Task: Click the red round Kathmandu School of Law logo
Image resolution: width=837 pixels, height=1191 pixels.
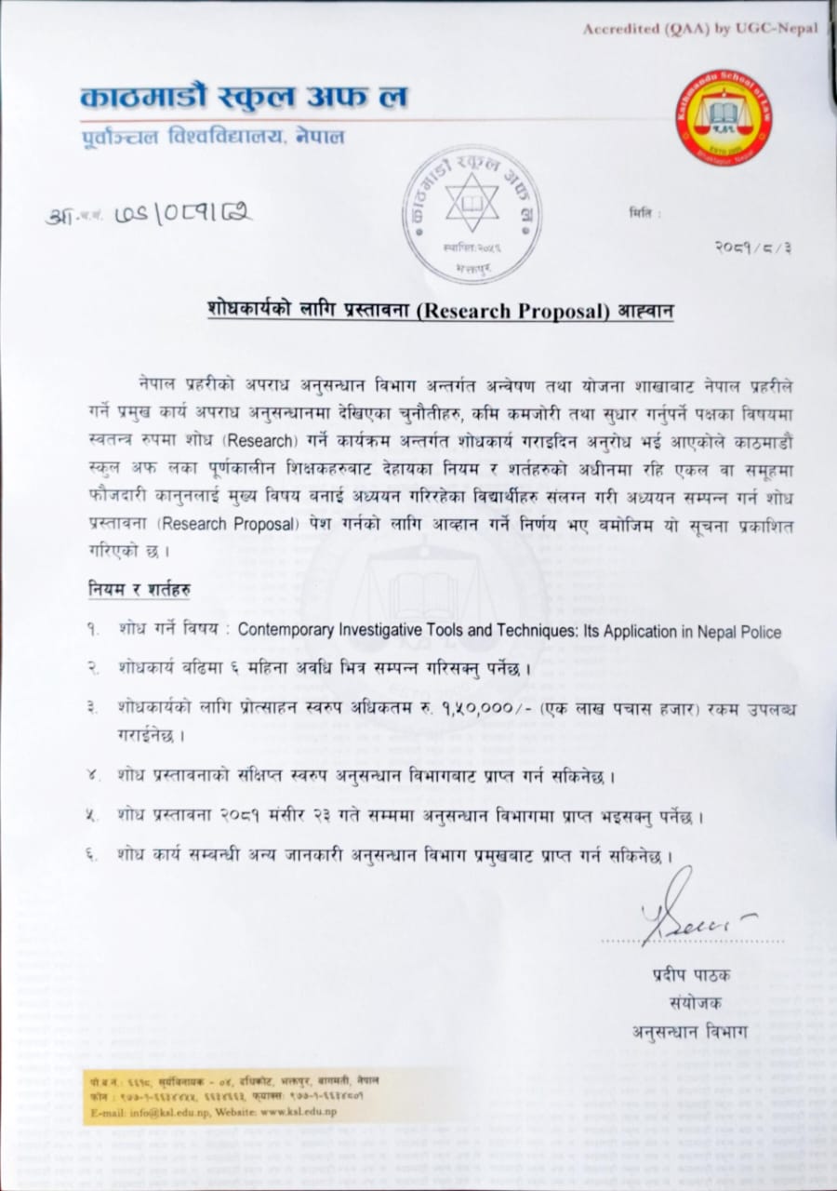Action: [723, 118]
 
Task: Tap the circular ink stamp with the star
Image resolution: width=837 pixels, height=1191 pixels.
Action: [472, 213]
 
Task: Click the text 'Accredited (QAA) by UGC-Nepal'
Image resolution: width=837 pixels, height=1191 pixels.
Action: [700, 29]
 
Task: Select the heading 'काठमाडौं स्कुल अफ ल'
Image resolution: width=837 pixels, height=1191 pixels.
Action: [245, 98]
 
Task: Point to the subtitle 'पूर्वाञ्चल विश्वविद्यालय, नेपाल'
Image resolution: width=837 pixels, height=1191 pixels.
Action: [212, 138]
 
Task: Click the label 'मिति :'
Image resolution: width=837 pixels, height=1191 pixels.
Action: [644, 214]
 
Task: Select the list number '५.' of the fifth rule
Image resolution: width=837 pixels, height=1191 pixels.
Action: [94, 816]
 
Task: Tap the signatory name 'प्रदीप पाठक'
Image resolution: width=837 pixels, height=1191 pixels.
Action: [691, 975]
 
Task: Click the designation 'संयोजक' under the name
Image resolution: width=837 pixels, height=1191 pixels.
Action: [694, 1002]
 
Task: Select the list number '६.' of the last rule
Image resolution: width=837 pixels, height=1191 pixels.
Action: [94, 853]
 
